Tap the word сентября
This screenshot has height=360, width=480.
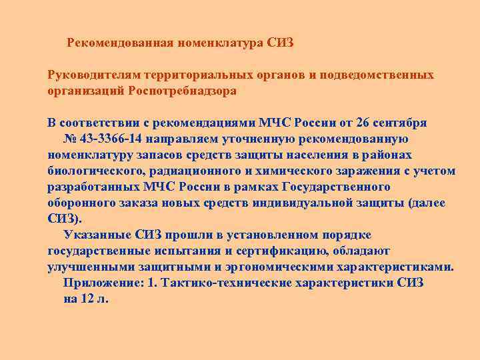(402, 123)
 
